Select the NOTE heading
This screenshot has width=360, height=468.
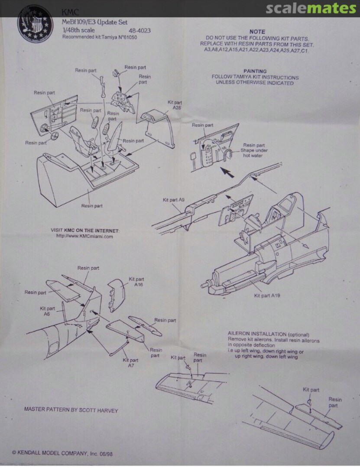pyautogui.click(x=257, y=32)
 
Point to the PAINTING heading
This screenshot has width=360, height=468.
pyautogui.click(x=255, y=71)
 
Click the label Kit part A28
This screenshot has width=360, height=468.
pyautogui.click(x=174, y=105)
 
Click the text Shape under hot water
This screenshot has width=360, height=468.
pyautogui.click(x=253, y=153)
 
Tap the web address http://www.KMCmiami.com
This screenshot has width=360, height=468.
pyautogui.click(x=84, y=237)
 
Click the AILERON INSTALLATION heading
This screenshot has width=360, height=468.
pyautogui.click(x=268, y=335)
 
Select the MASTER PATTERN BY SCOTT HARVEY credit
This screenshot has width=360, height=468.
pyautogui.click(x=71, y=409)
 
